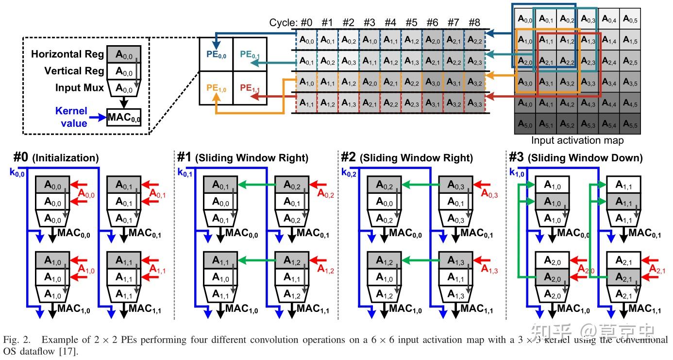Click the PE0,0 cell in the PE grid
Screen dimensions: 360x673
point(216,54)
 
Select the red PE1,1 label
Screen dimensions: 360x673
point(250,89)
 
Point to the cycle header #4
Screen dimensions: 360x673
point(390,22)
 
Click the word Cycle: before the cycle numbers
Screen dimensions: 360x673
point(283,23)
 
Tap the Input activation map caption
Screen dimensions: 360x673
point(577,140)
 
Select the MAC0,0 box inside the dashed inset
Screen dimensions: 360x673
point(123,117)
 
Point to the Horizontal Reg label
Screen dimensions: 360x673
point(67,54)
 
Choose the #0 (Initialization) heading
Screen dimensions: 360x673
point(56,158)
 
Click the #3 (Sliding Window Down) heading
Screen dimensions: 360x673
point(575,158)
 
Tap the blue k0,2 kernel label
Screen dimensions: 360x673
point(349,172)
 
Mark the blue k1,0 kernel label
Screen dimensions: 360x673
point(517,172)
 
